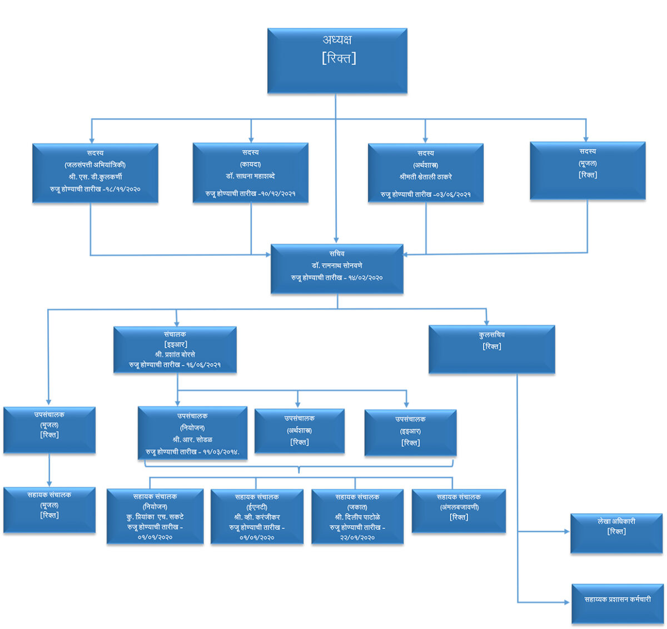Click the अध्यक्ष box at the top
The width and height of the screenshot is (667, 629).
point(337,61)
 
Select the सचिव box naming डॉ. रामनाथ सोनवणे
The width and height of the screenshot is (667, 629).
point(337,269)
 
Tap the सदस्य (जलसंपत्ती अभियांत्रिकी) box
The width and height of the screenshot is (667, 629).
point(95,173)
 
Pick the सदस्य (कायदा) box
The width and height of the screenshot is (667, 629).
point(251,173)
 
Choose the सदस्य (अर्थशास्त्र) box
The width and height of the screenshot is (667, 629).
point(426,173)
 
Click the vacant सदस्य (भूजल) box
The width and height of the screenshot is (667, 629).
point(588,171)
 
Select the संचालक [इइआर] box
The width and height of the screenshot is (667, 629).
point(175,350)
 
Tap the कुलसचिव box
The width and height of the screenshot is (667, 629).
point(492,349)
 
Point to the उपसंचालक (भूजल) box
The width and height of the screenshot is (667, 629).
point(49,430)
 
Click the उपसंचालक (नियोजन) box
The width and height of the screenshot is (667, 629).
point(192,433)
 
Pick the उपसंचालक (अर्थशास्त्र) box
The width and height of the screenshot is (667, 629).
point(300,431)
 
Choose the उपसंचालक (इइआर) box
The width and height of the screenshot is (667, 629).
point(410,433)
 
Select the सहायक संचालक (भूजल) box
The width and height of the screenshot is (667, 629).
point(49,510)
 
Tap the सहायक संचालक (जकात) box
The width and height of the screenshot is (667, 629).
point(357,517)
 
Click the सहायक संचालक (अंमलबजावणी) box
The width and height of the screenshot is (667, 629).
point(459,511)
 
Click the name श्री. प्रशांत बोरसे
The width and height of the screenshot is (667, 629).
point(175,354)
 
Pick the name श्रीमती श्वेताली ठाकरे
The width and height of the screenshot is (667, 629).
point(426,177)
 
